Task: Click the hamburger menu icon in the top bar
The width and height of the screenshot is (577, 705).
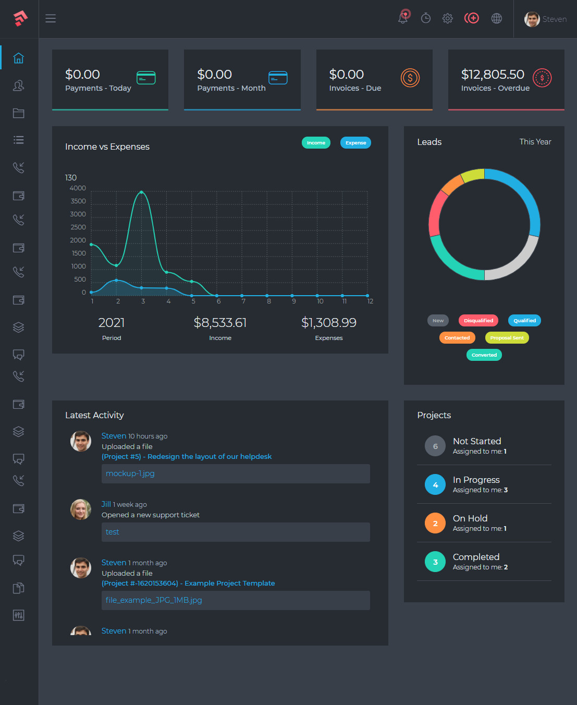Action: pyautogui.click(x=51, y=18)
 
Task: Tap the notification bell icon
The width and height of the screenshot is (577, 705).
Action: pyautogui.click(x=403, y=17)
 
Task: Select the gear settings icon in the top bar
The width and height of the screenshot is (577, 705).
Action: pyautogui.click(x=447, y=18)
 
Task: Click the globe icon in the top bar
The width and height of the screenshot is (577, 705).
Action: pyautogui.click(x=497, y=18)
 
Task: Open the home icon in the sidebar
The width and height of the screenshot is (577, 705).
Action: pyautogui.click(x=18, y=58)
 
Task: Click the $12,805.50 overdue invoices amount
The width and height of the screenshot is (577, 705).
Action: pyautogui.click(x=493, y=74)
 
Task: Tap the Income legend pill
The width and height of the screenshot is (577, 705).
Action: pyautogui.click(x=316, y=143)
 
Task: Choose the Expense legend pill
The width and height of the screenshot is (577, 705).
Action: pyautogui.click(x=355, y=143)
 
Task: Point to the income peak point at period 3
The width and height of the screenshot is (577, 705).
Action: pyautogui.click(x=142, y=192)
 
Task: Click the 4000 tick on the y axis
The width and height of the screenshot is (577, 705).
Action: pyautogui.click(x=78, y=188)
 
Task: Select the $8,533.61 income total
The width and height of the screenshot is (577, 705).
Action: pyautogui.click(x=220, y=323)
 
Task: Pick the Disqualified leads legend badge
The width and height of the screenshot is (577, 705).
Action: pyautogui.click(x=478, y=321)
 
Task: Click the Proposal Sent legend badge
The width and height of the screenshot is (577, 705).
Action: pyautogui.click(x=507, y=337)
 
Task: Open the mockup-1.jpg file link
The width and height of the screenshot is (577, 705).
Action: pyautogui.click(x=130, y=473)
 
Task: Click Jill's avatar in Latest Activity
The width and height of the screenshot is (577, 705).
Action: pyautogui.click(x=80, y=509)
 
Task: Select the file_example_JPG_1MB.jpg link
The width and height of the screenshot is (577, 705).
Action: pyautogui.click(x=154, y=600)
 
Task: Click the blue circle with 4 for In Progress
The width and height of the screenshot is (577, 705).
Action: pyautogui.click(x=435, y=484)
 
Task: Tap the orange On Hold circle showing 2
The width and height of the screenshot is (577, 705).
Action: pyautogui.click(x=435, y=523)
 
